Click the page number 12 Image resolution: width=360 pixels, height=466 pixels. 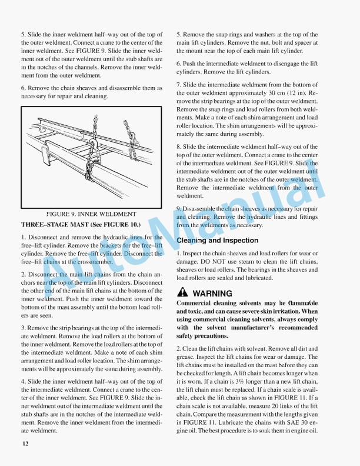tap(25, 443)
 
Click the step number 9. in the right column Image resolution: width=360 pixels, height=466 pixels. tap(179, 208)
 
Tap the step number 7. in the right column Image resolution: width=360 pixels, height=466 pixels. tap(179, 85)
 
